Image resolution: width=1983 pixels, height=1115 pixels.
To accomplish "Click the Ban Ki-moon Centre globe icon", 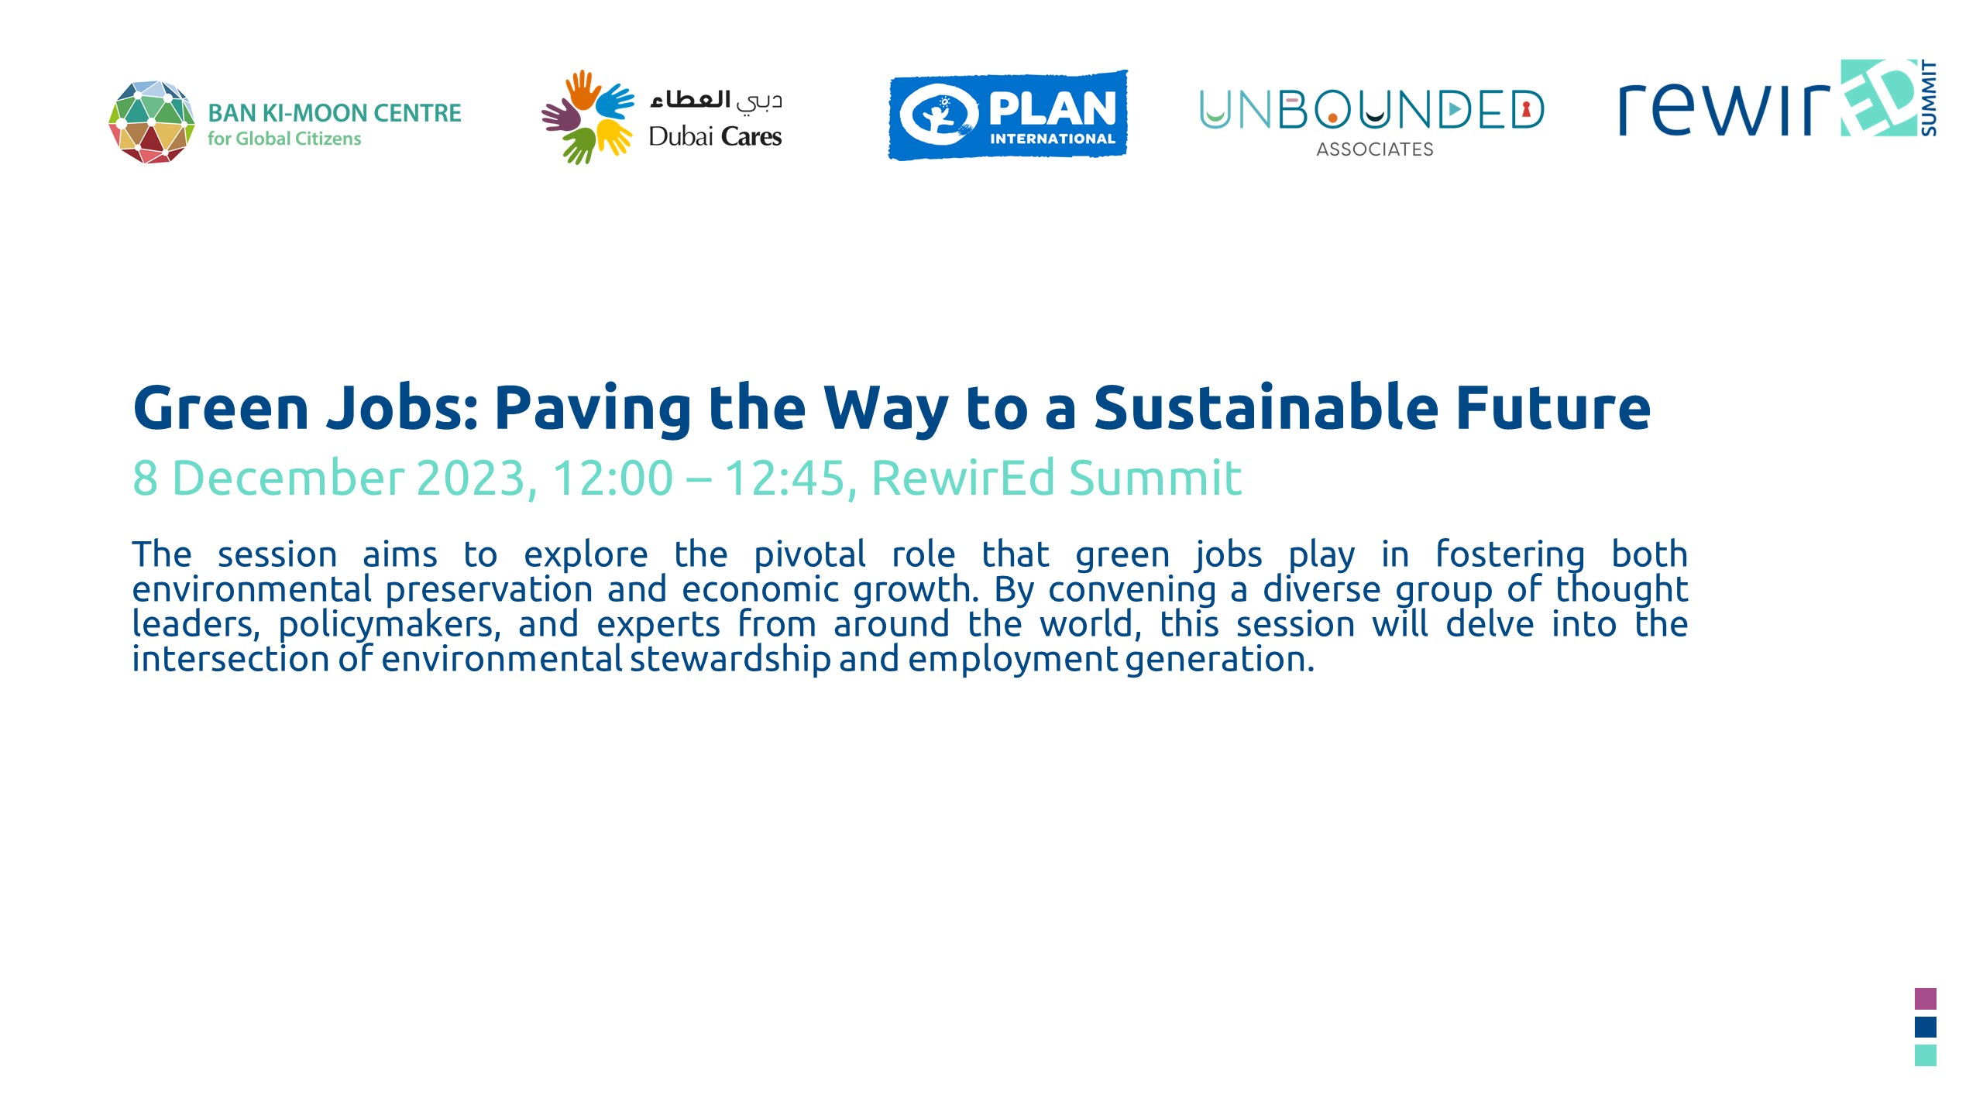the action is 152,122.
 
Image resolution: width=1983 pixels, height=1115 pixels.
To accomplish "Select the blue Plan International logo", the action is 1008,115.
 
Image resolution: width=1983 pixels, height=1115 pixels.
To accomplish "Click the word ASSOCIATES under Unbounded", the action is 1375,149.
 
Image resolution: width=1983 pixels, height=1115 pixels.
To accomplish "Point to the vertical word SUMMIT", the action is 1929,98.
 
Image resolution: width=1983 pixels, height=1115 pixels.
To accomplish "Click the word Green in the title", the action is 221,408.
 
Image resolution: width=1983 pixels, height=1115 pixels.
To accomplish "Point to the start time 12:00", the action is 612,478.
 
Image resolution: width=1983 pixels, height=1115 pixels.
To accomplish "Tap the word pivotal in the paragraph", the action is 809,554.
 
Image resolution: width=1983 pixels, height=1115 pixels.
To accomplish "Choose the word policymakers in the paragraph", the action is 390,624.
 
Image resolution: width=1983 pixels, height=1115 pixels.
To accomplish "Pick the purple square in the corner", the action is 1926,998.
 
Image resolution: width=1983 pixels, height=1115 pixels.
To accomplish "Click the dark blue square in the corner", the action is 1926,1027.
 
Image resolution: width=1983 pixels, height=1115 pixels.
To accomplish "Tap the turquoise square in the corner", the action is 1926,1055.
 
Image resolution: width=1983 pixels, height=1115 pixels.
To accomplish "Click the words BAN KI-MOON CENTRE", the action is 335,113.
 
